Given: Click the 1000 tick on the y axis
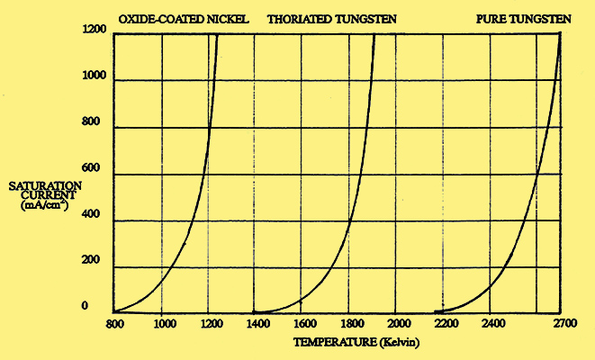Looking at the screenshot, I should [x=95, y=79].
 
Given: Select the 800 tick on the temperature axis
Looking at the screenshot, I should [x=113, y=322].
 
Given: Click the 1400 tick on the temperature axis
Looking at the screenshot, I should [x=256, y=322].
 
